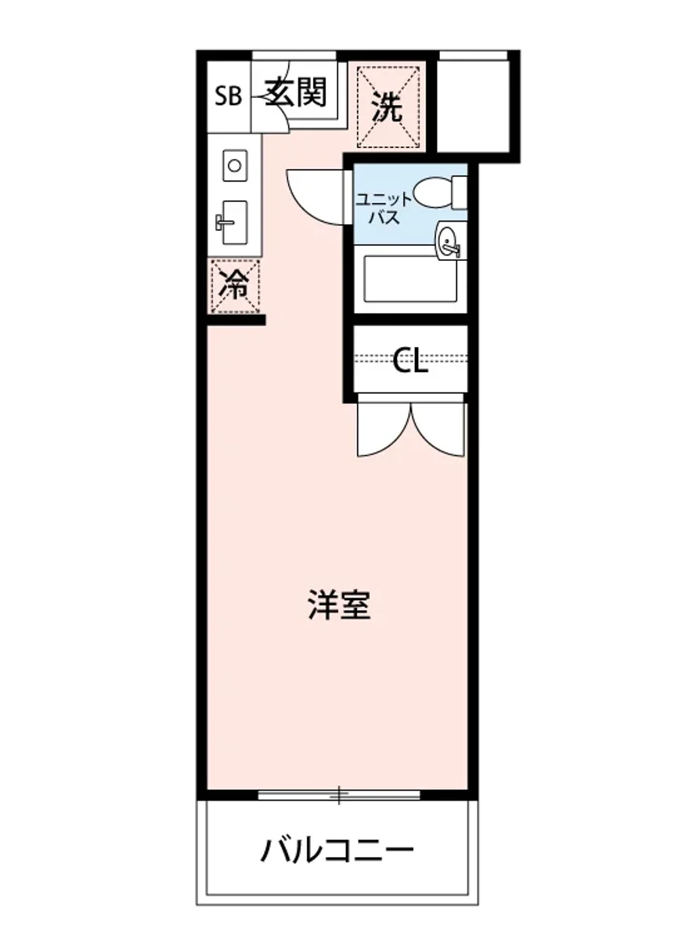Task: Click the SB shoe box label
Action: point(229,97)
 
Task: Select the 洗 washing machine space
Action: point(389,107)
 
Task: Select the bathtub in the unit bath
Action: point(410,279)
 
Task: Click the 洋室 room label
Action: point(338,606)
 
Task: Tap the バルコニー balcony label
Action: point(337,851)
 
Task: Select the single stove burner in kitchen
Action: point(233,164)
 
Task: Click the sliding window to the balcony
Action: point(338,795)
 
